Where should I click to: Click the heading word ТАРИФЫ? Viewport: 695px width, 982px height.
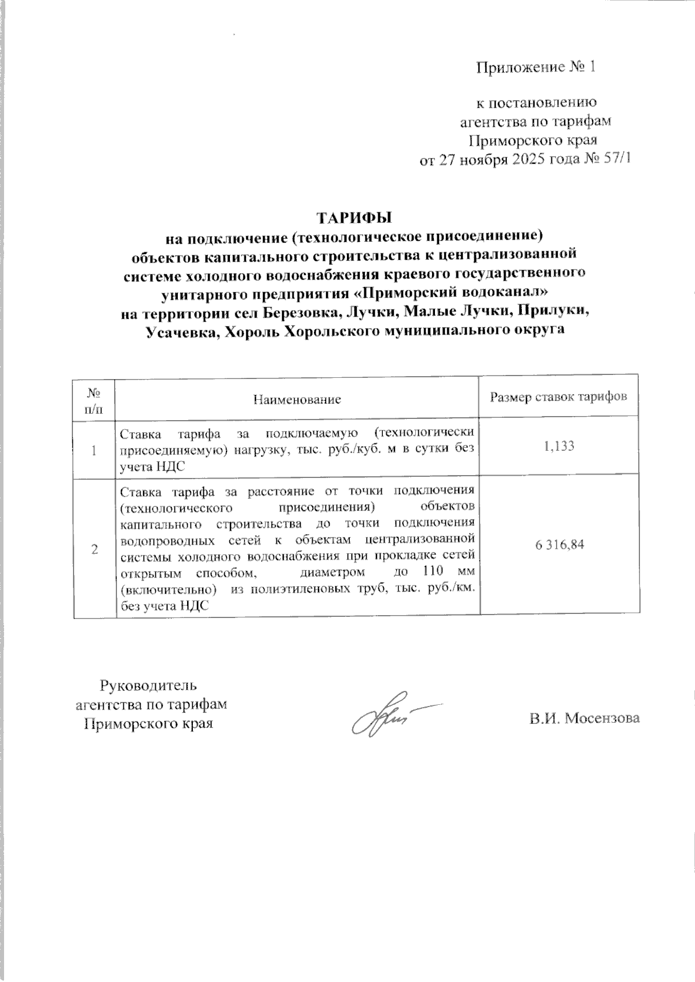[354, 218]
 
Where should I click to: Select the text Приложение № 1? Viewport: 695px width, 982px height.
[536, 68]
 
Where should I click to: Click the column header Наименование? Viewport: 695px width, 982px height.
[297, 399]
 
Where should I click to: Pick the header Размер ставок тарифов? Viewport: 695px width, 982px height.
[558, 397]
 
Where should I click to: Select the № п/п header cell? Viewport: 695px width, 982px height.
[94, 399]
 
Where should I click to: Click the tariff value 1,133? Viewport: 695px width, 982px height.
[559, 446]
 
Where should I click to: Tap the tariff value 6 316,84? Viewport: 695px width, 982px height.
[559, 545]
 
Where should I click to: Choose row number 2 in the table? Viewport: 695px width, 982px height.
[94, 549]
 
